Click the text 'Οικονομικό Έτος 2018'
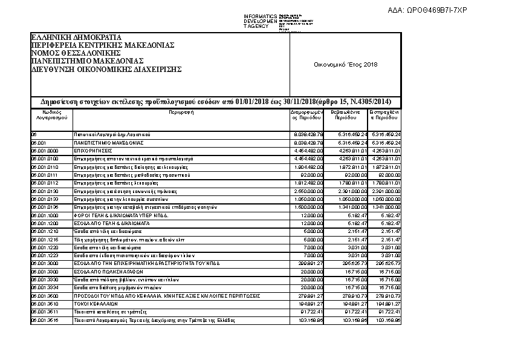pyautogui.click(x=345, y=65)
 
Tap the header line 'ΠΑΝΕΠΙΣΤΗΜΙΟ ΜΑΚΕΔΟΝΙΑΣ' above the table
pyautogui.click(x=87, y=61)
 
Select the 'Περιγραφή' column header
pyautogui.click(x=180, y=112)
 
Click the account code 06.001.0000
pyautogui.click(x=45, y=150)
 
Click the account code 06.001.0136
pyautogui.click(x=45, y=207)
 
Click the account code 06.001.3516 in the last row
pyautogui.click(x=45, y=319)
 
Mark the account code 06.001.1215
pyautogui.click(x=45, y=240)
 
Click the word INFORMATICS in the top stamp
pyautogui.click(x=260, y=16)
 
